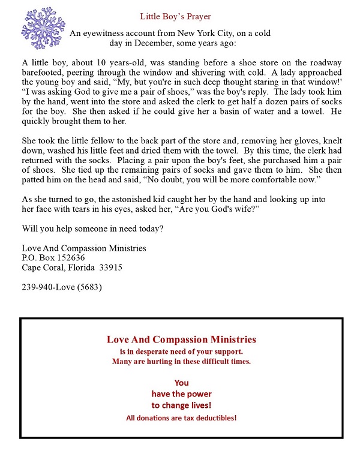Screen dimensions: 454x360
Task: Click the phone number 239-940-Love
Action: tap(62, 287)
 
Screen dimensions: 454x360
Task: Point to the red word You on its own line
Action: tap(181, 382)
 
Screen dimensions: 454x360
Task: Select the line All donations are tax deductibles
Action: tap(181, 417)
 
